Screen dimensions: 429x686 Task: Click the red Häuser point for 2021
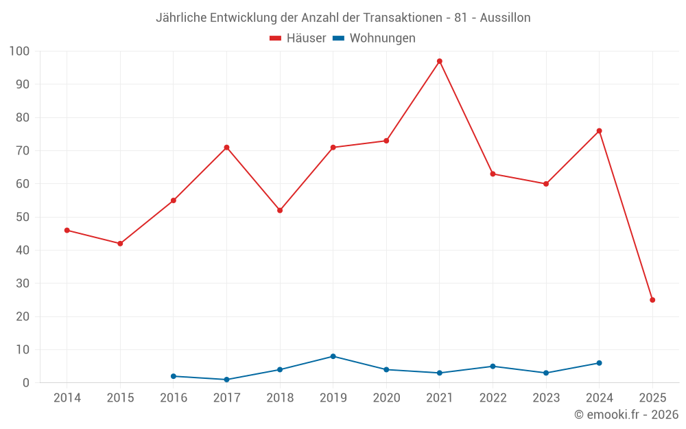(440, 61)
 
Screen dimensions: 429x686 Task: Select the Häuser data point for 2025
(652, 300)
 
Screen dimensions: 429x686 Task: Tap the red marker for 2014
(67, 230)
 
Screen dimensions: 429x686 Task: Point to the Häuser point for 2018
(280, 210)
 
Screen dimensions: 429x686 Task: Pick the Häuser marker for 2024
(599, 131)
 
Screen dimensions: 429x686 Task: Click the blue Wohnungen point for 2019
(333, 356)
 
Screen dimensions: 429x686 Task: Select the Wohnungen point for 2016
(174, 376)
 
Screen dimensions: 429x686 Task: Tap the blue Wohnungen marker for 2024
(599, 363)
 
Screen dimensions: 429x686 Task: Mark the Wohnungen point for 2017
(226, 380)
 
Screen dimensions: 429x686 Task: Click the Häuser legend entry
(298, 38)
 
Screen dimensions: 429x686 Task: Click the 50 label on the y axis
(22, 217)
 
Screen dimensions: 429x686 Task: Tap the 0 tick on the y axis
(25, 382)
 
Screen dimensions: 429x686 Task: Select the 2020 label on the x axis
(386, 397)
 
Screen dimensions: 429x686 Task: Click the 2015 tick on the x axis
(120, 397)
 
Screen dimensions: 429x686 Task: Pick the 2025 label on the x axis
(652, 397)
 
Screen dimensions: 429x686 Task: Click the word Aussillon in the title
(505, 18)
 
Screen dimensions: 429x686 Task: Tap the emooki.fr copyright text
(626, 415)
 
